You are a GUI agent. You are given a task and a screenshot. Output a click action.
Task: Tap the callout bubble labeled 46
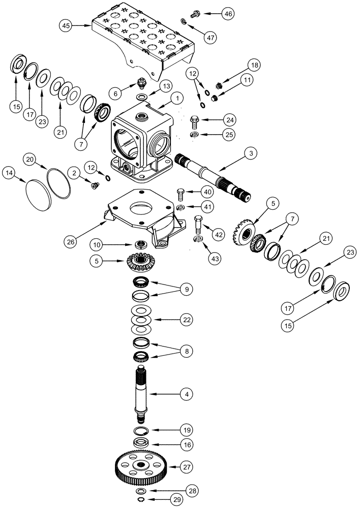(228, 14)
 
